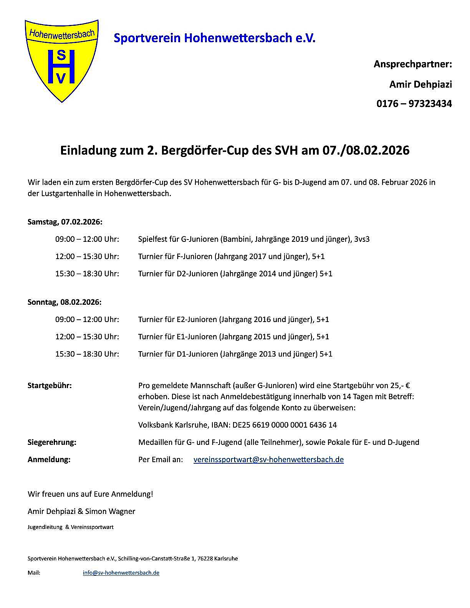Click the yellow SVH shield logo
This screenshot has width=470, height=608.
pyautogui.click(x=61, y=61)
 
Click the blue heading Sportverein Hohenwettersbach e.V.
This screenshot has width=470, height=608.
pyautogui.click(x=214, y=38)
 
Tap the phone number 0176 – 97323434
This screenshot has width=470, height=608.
pyautogui.click(x=414, y=104)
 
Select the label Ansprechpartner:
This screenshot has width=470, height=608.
pyautogui.click(x=413, y=64)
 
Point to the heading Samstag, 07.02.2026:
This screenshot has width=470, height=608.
pyautogui.click(x=65, y=222)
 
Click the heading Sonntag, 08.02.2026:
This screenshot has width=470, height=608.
pyautogui.click(x=65, y=302)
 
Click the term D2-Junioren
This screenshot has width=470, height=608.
pyautogui.click(x=196, y=274)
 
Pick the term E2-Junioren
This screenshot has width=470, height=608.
pyautogui.click(x=195, y=319)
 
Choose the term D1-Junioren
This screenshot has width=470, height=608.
pyautogui.click(x=196, y=354)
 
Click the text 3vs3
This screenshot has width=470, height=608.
pyautogui.click(x=362, y=239)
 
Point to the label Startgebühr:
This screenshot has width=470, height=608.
pyautogui.click(x=50, y=385)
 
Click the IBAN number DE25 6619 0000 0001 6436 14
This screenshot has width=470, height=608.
pyautogui.click(x=285, y=425)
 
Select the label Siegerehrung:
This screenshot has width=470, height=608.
pyautogui.click(x=52, y=442)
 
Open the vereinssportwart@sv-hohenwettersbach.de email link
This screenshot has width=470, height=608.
pyautogui.click(x=268, y=459)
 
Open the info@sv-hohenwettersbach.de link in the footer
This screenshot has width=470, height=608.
pyautogui.click(x=121, y=573)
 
